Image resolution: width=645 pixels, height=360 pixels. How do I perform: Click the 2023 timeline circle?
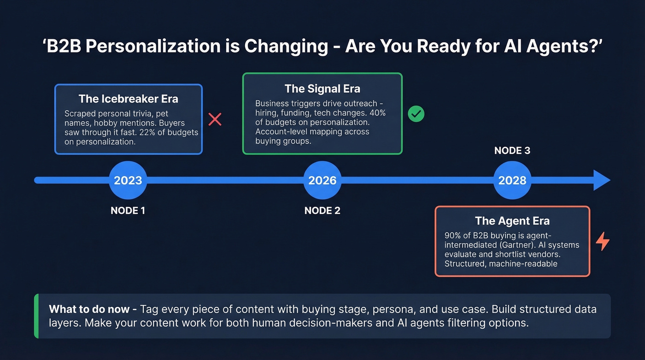tap(128, 180)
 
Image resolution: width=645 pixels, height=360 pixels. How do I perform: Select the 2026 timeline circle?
tap(322, 180)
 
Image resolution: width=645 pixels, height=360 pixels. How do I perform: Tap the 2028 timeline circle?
tap(512, 180)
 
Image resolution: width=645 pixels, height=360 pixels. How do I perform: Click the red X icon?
tap(215, 119)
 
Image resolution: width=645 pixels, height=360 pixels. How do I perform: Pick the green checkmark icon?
tap(416, 114)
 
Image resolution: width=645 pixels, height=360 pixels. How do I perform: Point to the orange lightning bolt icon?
tap(603, 242)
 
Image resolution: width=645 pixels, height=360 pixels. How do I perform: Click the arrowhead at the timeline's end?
tap(601, 180)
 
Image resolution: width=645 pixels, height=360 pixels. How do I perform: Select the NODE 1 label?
tap(128, 211)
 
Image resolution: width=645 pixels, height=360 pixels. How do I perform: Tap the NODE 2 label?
tap(322, 211)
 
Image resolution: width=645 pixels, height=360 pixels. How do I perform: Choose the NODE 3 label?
tap(512, 151)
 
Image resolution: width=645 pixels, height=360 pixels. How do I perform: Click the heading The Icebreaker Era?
tap(128, 99)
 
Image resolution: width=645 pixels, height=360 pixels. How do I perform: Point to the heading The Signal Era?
tap(322, 88)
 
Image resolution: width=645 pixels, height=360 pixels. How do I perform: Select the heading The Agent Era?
tap(512, 221)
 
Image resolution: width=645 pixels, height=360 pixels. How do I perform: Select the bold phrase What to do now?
tap(89, 309)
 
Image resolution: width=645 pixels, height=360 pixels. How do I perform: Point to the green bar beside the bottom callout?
tap(36, 316)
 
